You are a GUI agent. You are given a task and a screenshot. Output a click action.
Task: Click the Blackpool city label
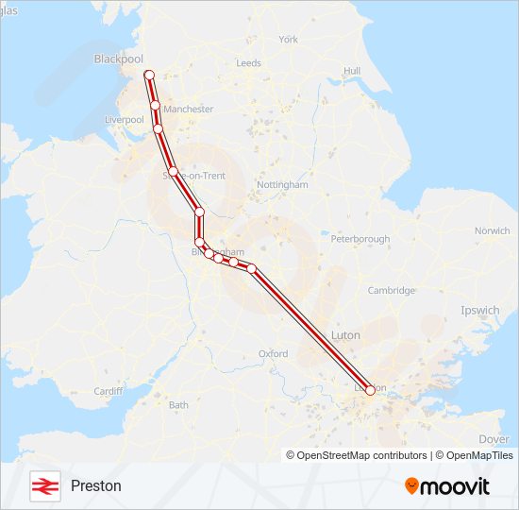pyautogui.click(x=117, y=59)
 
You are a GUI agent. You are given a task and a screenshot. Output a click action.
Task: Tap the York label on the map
pyautogui.click(x=288, y=40)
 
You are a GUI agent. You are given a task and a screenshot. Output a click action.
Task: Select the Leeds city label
pyautogui.click(x=249, y=63)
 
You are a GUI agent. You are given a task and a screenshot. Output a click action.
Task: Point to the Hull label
pyautogui.click(x=352, y=71)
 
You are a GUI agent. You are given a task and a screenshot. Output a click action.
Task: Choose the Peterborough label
pyautogui.click(x=360, y=239)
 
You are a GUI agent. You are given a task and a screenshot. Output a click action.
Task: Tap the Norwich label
pyautogui.click(x=492, y=230)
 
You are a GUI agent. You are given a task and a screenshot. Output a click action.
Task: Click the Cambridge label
pyautogui.click(x=391, y=291)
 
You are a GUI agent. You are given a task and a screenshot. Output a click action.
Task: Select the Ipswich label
pyautogui.click(x=480, y=310)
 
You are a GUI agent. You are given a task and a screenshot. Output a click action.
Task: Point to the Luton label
pyautogui.click(x=345, y=335)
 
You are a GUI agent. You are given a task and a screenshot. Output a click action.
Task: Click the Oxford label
pyautogui.click(x=273, y=354)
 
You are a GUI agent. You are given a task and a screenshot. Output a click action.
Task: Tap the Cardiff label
pyautogui.click(x=109, y=391)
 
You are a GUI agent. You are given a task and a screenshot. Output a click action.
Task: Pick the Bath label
pyautogui.click(x=178, y=405)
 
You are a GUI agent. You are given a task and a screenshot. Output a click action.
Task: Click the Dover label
pyautogui.click(x=494, y=439)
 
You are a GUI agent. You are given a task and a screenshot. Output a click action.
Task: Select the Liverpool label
pyautogui.click(x=124, y=121)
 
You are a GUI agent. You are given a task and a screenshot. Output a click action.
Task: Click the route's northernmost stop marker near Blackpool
pyautogui.click(x=148, y=75)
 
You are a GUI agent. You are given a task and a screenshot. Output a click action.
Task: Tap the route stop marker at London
pyautogui.click(x=370, y=389)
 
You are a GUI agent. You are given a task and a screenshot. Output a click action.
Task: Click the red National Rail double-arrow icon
pyautogui.click(x=42, y=485)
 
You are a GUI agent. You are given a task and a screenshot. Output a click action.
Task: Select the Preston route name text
pyautogui.click(x=95, y=486)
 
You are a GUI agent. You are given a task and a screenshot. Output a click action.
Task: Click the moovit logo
pyautogui.click(x=447, y=486)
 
